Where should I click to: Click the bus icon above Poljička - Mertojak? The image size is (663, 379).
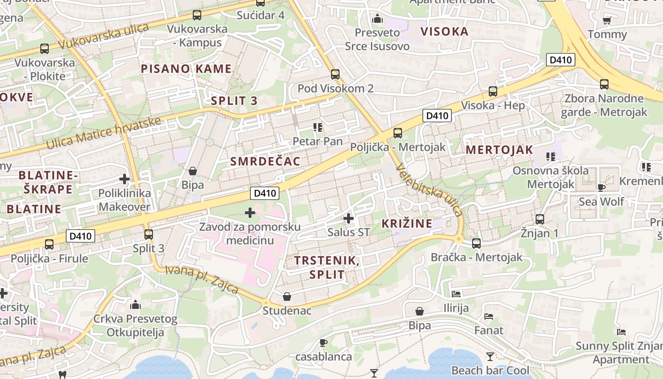(x=398, y=133)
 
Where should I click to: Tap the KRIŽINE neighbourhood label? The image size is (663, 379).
(x=407, y=224)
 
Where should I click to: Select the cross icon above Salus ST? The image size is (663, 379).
(x=349, y=218)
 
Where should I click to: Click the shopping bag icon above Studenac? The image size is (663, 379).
(x=287, y=297)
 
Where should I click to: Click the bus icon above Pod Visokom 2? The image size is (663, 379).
(x=335, y=74)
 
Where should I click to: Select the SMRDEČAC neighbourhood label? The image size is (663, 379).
(x=265, y=162)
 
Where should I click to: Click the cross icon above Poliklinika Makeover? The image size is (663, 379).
(x=125, y=179)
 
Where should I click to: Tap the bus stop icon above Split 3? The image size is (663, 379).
(x=149, y=234)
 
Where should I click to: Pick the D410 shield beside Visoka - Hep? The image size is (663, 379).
(x=437, y=116)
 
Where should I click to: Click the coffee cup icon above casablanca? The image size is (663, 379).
(x=323, y=343)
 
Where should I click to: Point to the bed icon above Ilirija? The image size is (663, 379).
(x=456, y=294)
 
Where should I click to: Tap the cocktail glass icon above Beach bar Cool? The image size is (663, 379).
(x=490, y=356)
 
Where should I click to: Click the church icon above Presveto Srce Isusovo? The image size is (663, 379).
(x=377, y=19)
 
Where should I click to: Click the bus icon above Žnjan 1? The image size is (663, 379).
(x=540, y=219)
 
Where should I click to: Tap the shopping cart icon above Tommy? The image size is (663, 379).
(x=607, y=20)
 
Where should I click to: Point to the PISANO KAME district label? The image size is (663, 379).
(x=186, y=69)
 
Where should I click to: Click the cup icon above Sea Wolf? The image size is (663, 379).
(x=601, y=188)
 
